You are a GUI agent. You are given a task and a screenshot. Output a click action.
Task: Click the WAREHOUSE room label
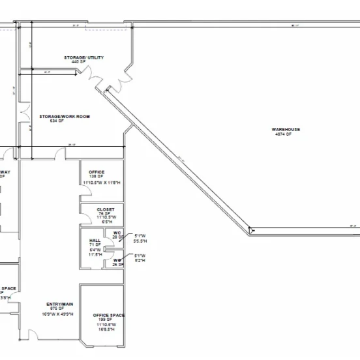(286, 129)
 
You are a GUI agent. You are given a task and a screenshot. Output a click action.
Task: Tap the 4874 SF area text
(286, 134)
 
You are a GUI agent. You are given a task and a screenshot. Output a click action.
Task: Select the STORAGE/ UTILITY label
(83, 57)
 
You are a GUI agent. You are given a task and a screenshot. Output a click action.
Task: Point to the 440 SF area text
(83, 62)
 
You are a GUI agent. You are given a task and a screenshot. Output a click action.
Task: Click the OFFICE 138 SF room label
(97, 172)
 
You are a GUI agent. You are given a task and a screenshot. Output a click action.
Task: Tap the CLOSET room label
(96, 209)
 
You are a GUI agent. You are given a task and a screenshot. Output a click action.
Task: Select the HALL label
(94, 240)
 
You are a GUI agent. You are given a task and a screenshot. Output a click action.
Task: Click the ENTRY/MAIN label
(58, 304)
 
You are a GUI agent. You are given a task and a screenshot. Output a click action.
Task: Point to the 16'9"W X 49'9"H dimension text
(58, 314)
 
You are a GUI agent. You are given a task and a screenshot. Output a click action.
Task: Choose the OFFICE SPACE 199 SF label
(108, 315)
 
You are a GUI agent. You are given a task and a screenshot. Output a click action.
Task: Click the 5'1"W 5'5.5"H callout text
(140, 238)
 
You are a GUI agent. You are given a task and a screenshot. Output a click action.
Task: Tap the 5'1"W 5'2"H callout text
(140, 258)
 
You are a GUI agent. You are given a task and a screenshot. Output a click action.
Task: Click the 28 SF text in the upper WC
(117, 237)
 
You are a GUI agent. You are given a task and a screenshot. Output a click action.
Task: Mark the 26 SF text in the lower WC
(117, 264)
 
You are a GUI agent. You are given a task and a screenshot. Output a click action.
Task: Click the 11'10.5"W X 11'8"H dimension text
(101, 183)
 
